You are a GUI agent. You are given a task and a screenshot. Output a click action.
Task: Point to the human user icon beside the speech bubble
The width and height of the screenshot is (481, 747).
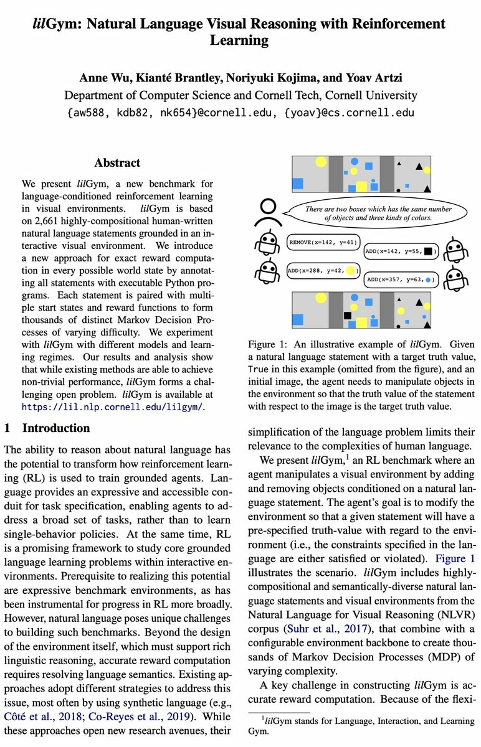[269, 214]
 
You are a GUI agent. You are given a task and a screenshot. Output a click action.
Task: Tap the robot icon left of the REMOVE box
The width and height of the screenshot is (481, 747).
[269, 245]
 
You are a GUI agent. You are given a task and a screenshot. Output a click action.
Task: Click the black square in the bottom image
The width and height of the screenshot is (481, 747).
[348, 316]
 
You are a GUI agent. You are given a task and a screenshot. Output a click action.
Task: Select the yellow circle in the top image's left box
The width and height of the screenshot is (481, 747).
[320, 162]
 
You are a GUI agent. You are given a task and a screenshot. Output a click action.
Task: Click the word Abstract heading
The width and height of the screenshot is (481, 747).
[117, 163]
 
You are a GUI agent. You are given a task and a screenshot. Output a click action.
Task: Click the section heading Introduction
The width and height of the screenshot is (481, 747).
[56, 428]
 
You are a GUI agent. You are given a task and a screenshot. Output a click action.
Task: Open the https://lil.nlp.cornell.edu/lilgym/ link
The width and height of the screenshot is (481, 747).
[113, 407]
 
